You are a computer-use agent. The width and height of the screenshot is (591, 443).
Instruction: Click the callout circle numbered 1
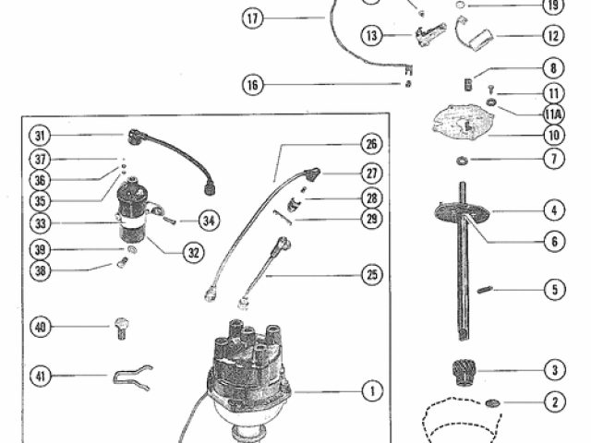point(371,391)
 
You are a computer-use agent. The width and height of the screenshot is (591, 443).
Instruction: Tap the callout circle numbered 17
point(252,17)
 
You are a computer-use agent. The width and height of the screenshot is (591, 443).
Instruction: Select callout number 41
point(39,376)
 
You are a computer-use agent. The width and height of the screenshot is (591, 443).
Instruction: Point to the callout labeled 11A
point(553,114)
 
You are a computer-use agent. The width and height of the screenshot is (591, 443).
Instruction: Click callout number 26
point(370,144)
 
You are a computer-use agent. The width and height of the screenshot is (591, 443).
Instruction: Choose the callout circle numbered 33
point(39,222)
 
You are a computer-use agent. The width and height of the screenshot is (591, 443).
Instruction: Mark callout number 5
point(553,290)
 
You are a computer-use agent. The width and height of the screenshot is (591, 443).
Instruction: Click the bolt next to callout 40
point(120,327)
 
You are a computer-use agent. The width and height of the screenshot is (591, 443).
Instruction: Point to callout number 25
point(370,275)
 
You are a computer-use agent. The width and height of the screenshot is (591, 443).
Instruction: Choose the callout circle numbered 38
point(39,271)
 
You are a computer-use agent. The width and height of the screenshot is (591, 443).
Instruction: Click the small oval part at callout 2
point(492,402)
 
